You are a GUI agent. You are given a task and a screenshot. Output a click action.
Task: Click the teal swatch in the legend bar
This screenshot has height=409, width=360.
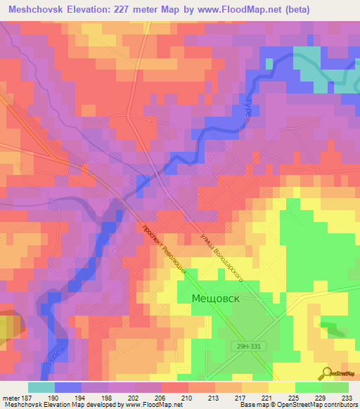41,387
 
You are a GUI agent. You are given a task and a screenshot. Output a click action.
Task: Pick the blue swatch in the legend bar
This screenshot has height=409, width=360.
67,387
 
